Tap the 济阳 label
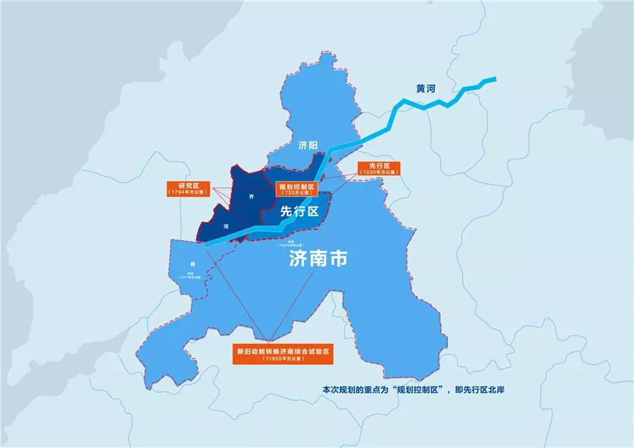click(309, 145)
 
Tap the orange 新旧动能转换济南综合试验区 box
click(282, 354)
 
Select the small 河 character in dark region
click(225, 227)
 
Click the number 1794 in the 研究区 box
click(179, 192)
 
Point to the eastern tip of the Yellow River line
click(495, 78)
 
